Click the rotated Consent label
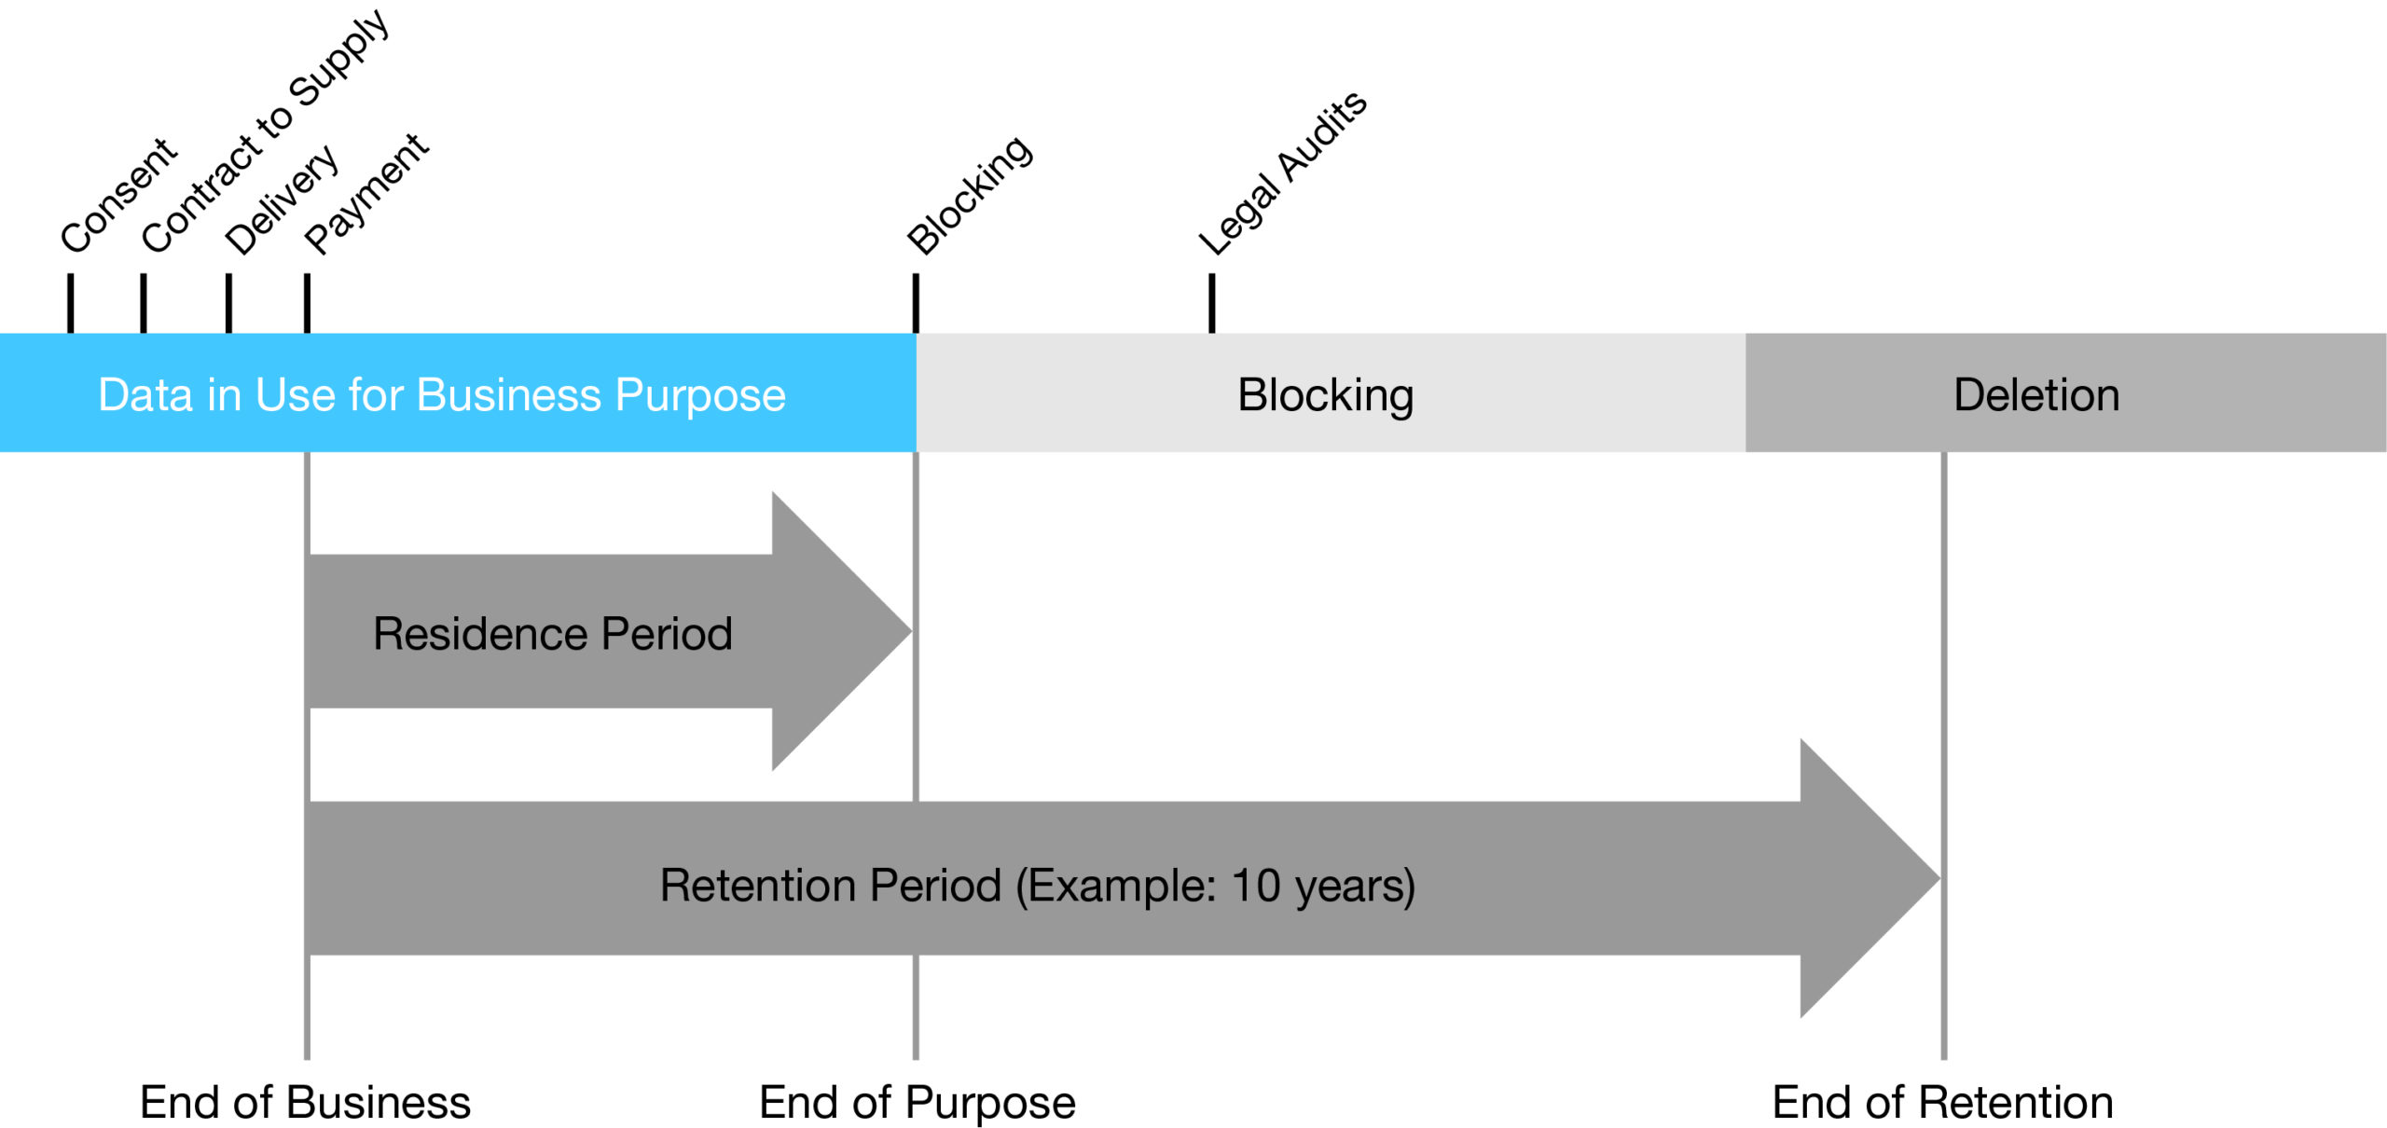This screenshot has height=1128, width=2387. coord(118,195)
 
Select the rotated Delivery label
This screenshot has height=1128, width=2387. coord(282,199)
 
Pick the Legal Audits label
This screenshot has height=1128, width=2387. coord(1282,173)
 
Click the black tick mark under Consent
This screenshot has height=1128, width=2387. coord(70,302)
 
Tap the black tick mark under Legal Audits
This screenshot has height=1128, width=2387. coord(1211,302)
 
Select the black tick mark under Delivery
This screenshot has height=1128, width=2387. coord(228,302)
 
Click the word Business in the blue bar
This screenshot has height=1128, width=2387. coord(509,394)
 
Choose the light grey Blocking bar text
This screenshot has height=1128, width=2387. coord(1325,394)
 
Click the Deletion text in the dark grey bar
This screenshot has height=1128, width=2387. coord(2036,394)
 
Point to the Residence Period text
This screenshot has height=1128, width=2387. coord(552,633)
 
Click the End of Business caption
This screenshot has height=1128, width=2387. coord(305,1102)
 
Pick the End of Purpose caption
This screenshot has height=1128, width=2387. coord(917,1102)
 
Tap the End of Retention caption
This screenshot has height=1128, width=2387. coord(1942,1102)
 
